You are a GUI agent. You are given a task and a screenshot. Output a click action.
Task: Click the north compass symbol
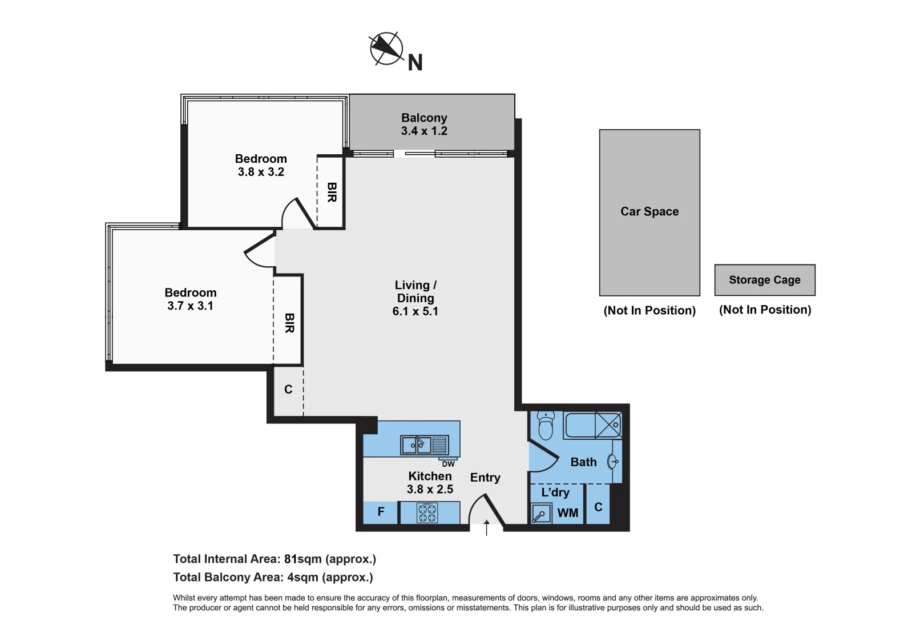pos(386,49)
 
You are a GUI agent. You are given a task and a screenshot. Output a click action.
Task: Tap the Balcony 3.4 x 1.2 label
pos(424,125)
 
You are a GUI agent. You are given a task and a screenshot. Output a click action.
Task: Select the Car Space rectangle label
pos(649,211)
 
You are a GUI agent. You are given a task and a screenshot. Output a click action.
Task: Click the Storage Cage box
pos(764,280)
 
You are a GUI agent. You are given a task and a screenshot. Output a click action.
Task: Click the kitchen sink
pos(416,445)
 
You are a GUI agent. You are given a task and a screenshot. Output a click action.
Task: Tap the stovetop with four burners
pos(427,512)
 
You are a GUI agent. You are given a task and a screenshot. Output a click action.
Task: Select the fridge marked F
pos(381,512)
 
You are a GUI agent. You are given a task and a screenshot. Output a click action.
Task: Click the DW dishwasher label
pos(448,464)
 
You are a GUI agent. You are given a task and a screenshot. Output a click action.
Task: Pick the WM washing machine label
pos(567,513)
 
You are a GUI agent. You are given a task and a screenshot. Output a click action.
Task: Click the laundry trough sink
pos(540,513)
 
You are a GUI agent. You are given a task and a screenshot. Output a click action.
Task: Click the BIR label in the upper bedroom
pos(332,193)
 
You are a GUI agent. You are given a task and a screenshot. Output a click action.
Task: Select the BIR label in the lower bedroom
pos(289,323)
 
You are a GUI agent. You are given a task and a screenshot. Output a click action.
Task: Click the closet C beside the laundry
pos(598,507)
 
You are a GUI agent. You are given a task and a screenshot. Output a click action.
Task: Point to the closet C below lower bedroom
pos(288,390)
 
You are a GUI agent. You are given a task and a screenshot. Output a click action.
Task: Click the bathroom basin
pos(612,461)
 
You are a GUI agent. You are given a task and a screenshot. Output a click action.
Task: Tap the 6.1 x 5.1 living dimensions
pos(415,311)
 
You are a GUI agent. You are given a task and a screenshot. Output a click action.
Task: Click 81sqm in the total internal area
pos(302,559)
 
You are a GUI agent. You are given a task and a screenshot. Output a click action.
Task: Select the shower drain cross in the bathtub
pos(608,425)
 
